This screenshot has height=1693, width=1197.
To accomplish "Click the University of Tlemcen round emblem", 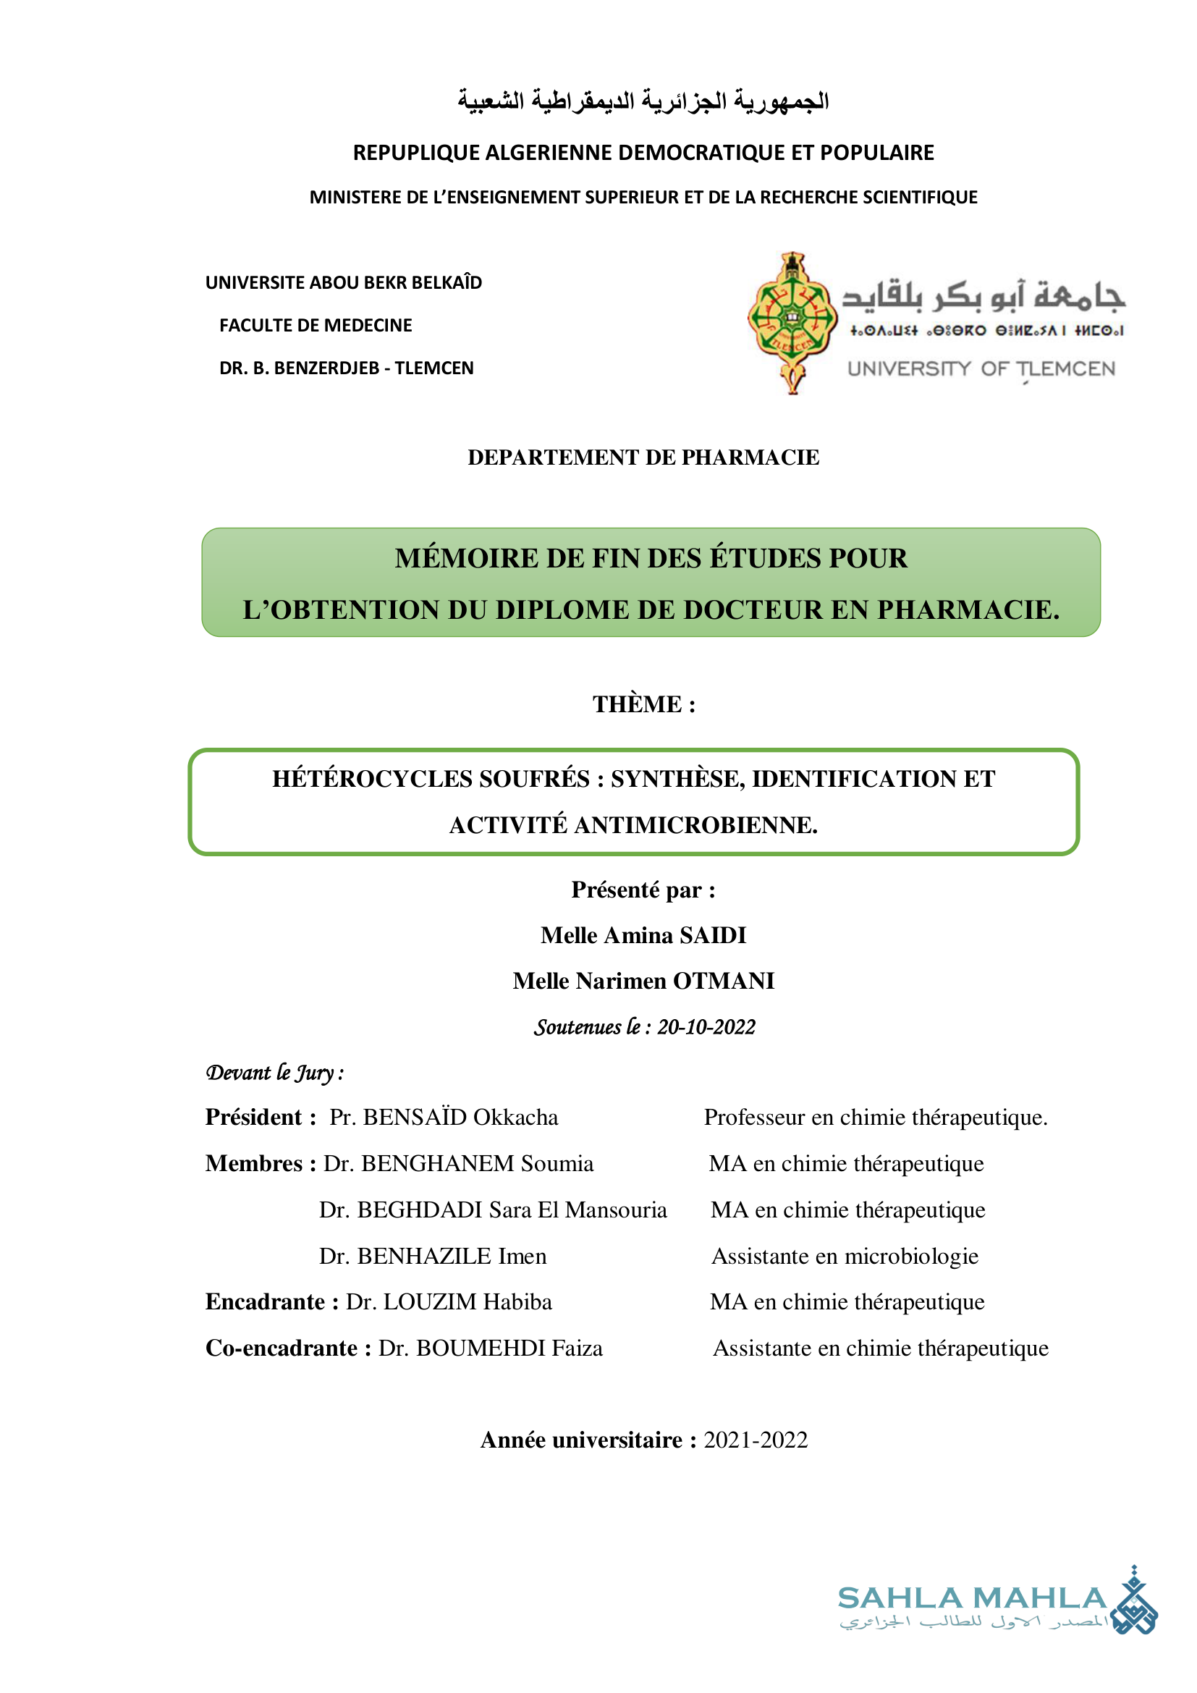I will coord(792,322).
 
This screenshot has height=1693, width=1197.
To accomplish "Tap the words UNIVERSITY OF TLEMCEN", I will coord(981,368).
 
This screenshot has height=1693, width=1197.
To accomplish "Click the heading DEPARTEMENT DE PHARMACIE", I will coord(643,457).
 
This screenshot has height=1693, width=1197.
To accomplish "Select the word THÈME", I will coord(638,704).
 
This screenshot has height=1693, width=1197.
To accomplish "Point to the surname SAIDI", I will coord(712,935).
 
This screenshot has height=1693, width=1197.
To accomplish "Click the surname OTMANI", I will coord(723,981).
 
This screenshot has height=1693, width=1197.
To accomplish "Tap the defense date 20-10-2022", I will coord(706,1026).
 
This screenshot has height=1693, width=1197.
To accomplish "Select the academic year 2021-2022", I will coord(756,1440).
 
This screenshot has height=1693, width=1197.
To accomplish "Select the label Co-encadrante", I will coord(282,1347).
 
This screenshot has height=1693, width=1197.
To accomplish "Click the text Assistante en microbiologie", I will coord(845,1256).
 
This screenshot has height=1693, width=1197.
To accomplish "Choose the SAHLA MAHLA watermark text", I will coord(972,1598).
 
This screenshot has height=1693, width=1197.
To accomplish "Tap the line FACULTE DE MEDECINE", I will coord(316,325).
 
